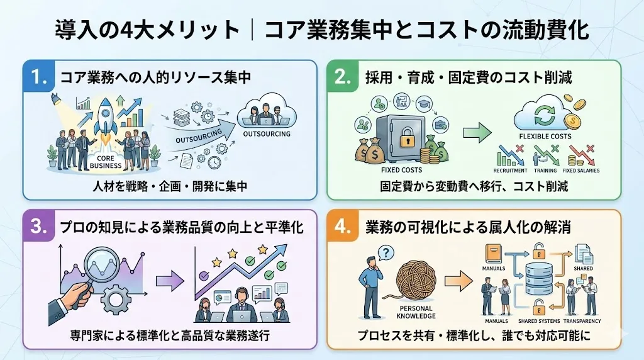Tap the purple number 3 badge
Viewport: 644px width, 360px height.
pyautogui.click(x=40, y=227)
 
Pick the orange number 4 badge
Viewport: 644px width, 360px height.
pyautogui.click(x=343, y=227)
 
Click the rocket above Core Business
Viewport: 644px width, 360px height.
pyautogui.click(x=104, y=120)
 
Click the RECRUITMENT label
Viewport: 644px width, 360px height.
pyautogui.click(x=510, y=171)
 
